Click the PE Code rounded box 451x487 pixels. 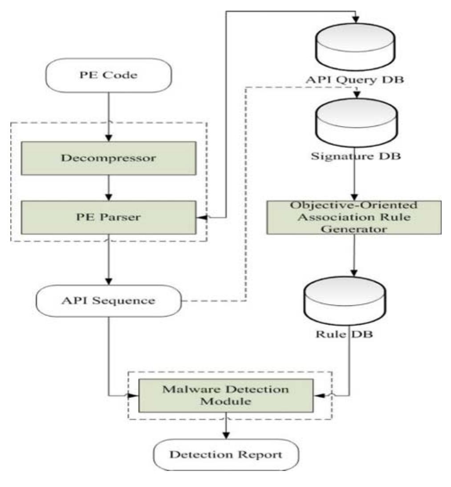coord(109,75)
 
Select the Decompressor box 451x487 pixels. coord(109,158)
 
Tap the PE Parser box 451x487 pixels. coord(109,217)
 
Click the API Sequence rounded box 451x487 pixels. coord(109,300)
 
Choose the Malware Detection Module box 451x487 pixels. coord(225,395)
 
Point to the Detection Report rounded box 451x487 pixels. coord(226,455)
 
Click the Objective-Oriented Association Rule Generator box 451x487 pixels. coord(354,217)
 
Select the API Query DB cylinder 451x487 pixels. coord(355,45)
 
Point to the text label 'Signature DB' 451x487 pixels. coord(355,157)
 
